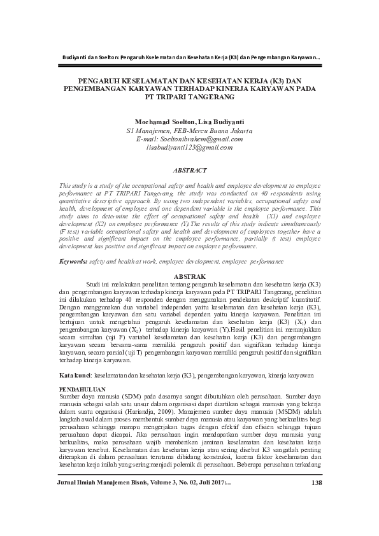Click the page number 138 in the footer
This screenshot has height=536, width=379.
(x=319, y=500)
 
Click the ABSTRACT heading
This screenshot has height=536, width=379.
(x=190, y=171)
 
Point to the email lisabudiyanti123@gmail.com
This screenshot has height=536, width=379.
(x=190, y=147)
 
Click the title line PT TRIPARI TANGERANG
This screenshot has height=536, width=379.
(x=190, y=99)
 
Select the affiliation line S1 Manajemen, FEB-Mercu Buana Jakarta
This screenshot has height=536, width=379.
(x=190, y=130)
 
